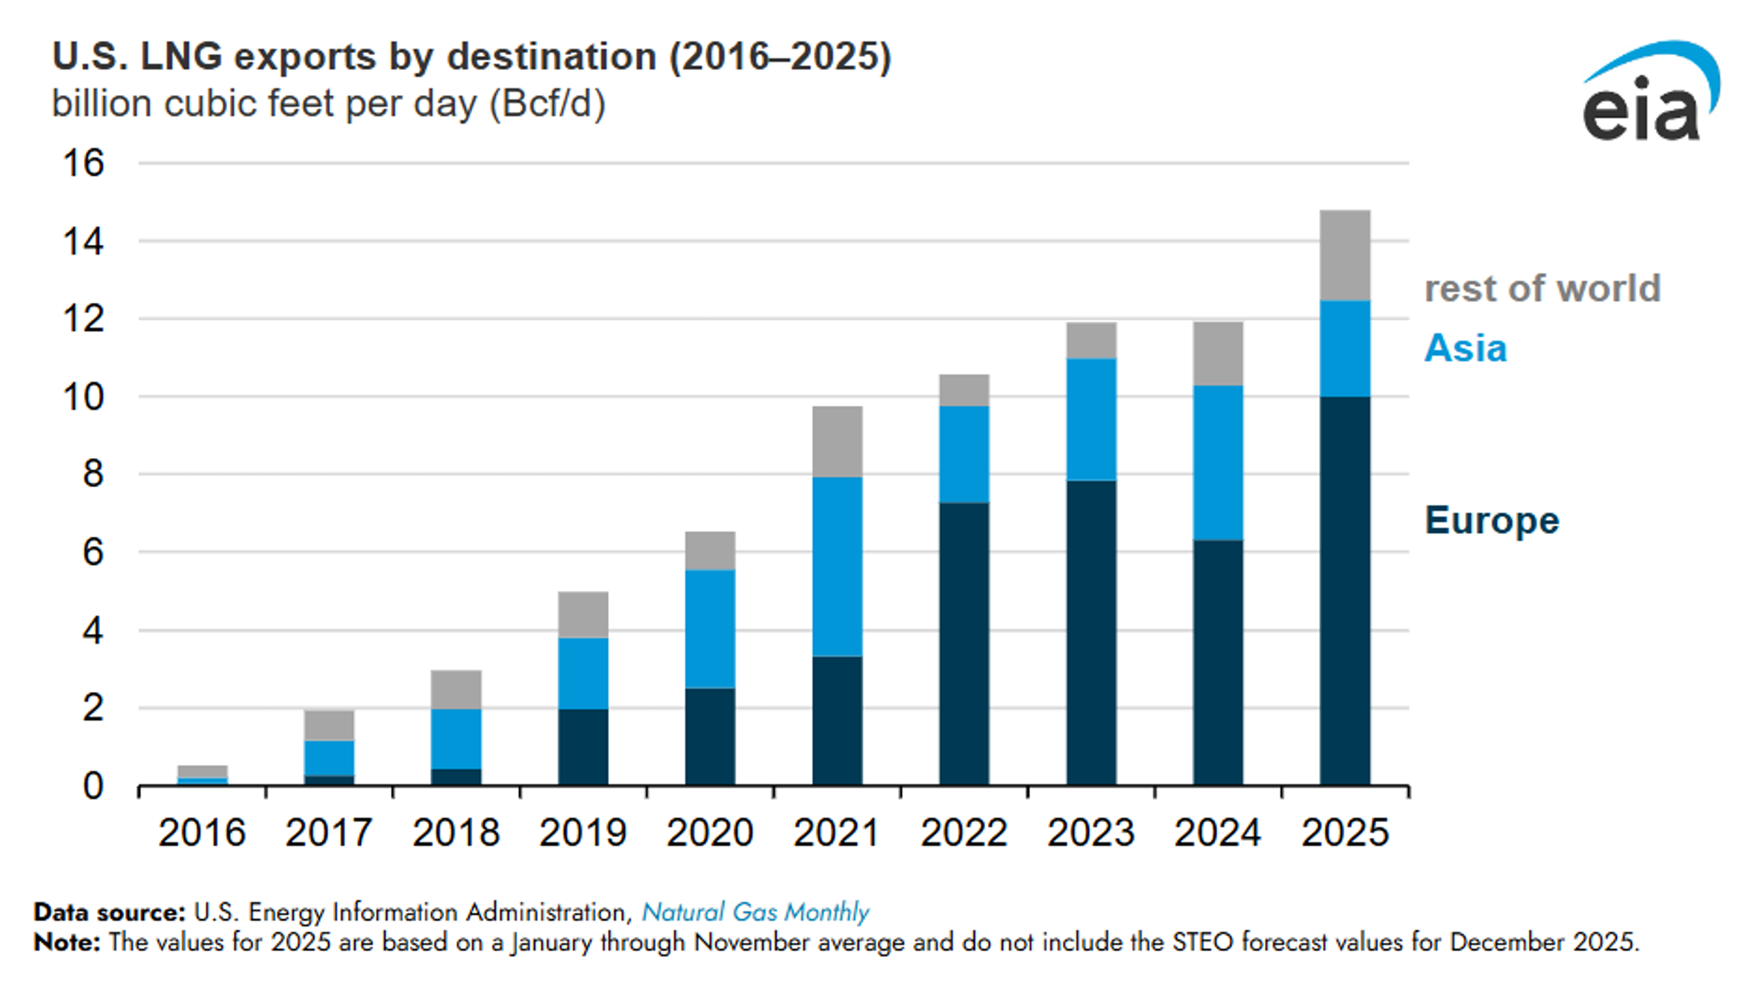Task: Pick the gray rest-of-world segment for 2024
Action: [x=1218, y=353]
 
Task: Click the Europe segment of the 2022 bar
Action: [x=964, y=643]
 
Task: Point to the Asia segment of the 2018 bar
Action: [x=456, y=738]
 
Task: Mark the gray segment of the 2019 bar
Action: [x=583, y=615]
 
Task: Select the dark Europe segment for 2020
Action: [x=710, y=736]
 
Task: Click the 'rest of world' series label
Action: [x=1543, y=288]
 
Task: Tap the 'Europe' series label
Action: [x=1492, y=521]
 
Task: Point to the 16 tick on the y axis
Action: [x=84, y=163]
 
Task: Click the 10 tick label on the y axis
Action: [x=84, y=397]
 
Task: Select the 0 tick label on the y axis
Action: [x=93, y=786]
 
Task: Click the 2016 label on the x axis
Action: [x=202, y=833]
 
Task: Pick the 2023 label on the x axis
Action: [x=1091, y=833]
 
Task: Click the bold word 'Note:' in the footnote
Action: [x=67, y=942]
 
